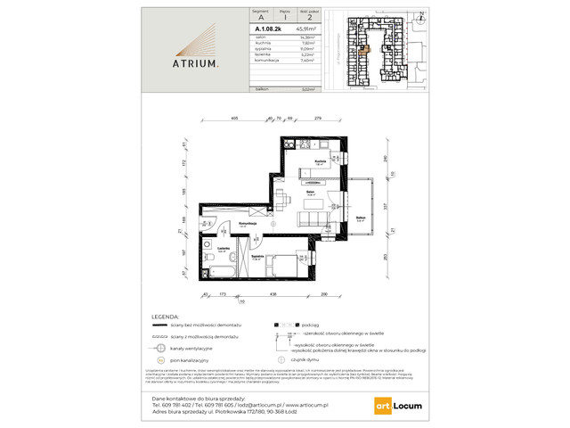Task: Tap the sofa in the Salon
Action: tap(313, 218)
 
